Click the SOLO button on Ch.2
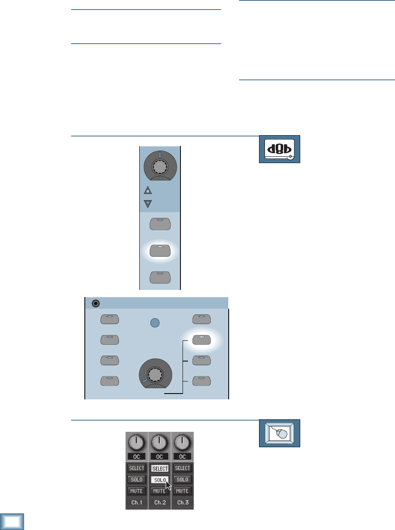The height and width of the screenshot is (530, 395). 159,480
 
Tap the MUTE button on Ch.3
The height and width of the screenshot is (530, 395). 182,491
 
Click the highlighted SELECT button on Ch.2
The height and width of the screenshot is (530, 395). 159,468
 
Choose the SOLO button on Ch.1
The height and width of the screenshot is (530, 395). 136,480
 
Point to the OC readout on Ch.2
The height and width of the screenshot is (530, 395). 159,456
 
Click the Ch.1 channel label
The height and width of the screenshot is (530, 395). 136,503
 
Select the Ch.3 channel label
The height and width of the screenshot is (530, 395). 182,503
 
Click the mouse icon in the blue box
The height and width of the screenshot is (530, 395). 279,433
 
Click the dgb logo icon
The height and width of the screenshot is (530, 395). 279,149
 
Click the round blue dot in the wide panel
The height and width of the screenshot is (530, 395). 155,323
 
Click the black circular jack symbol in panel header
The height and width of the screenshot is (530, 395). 96,303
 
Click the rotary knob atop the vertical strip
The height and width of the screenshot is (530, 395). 160,167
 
